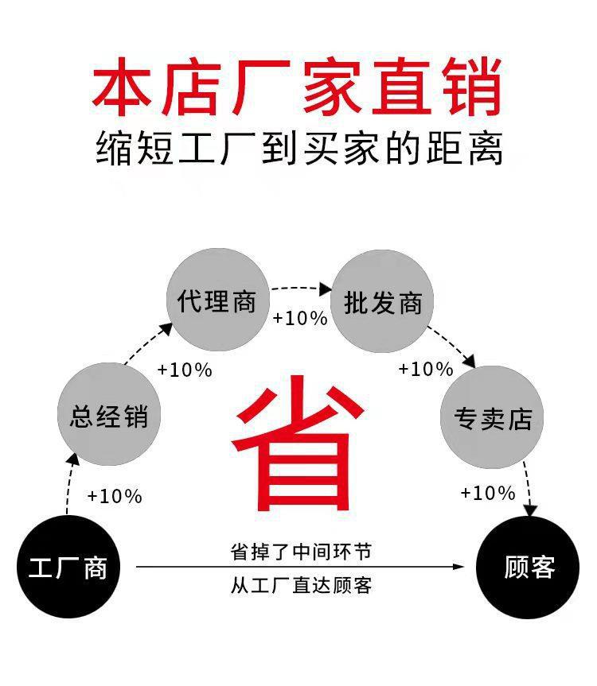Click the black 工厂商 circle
(x=68, y=567)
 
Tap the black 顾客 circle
(x=528, y=567)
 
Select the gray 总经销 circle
(x=109, y=416)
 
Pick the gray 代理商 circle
(x=217, y=301)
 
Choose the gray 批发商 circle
(x=382, y=302)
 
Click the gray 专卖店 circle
(x=492, y=417)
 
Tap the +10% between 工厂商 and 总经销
(x=115, y=497)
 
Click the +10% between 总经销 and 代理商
(x=185, y=370)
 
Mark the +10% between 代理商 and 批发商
(x=300, y=319)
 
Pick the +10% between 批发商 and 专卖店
(x=426, y=369)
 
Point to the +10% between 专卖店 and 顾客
(x=488, y=494)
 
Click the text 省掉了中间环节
(x=301, y=551)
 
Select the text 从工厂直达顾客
(x=301, y=586)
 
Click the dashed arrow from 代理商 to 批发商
(x=300, y=288)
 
